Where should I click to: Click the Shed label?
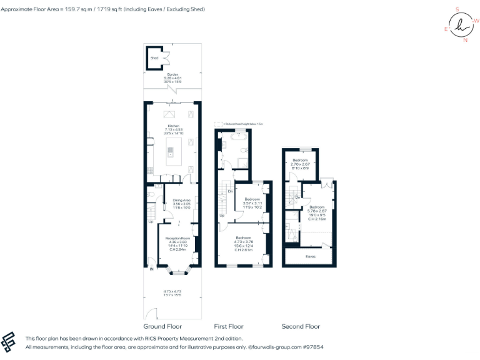[x=154, y=58]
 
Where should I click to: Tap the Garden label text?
[x=172, y=74]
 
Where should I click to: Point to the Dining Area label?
[x=181, y=200]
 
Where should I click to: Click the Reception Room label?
[x=177, y=238]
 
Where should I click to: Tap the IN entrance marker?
[x=151, y=269]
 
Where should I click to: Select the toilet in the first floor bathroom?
[x=242, y=163]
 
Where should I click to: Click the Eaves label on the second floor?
[x=310, y=256]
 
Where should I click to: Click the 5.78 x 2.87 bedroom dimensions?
[x=317, y=211]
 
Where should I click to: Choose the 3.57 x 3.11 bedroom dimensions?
[x=252, y=203]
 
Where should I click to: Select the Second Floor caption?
[x=301, y=326]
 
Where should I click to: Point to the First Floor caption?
[x=229, y=326]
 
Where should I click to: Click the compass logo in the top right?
[x=461, y=26]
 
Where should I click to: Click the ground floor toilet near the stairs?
[x=153, y=195]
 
